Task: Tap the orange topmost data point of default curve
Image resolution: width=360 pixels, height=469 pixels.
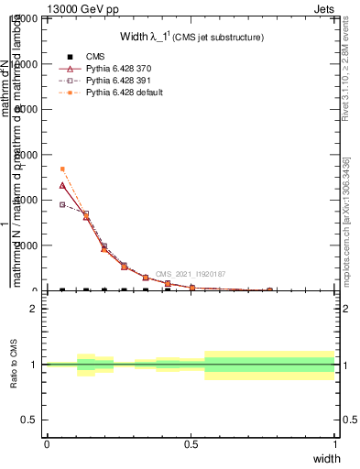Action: (x=62, y=169)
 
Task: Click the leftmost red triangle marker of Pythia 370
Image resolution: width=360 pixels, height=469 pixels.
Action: (x=62, y=185)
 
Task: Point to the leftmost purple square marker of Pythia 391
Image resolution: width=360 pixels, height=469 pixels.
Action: (x=62, y=204)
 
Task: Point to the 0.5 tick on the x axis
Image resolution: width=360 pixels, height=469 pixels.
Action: (x=191, y=444)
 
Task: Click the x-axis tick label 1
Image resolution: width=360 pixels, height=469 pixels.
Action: (x=335, y=444)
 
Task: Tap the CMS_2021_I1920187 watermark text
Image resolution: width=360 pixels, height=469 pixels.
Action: (x=191, y=274)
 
